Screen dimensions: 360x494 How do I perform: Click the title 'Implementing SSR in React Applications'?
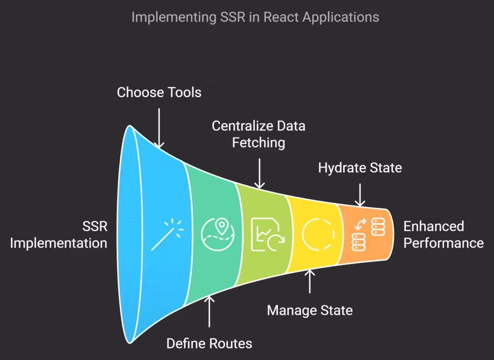pyautogui.click(x=255, y=17)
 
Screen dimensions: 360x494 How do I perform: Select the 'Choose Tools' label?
pyautogui.click(x=159, y=92)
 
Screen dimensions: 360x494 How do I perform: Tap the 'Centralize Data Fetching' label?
pyautogui.click(x=259, y=134)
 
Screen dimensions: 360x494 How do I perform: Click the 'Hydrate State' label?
pyautogui.click(x=360, y=168)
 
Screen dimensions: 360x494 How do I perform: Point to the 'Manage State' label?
pyautogui.click(x=310, y=310)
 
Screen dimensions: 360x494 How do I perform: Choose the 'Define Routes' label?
pyautogui.click(x=209, y=343)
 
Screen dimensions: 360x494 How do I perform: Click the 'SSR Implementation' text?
pyautogui.click(x=59, y=235)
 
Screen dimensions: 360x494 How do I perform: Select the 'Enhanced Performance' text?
pyautogui.click(x=443, y=235)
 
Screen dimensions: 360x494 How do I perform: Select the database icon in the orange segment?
pyautogui.click(x=368, y=234)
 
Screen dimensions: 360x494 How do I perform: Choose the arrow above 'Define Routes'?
pyautogui.click(x=209, y=312)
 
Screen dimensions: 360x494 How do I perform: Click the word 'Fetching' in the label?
pyautogui.click(x=259, y=143)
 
